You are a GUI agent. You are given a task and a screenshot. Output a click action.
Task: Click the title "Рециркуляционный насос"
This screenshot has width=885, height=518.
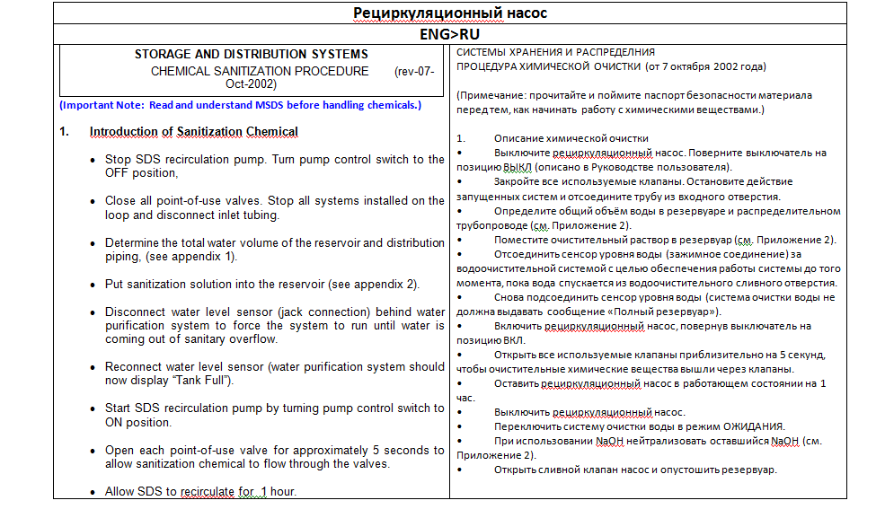point(450,13)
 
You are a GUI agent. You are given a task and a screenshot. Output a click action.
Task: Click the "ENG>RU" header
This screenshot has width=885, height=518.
point(450,34)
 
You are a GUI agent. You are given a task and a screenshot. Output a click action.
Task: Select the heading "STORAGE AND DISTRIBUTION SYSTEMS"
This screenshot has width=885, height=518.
point(251,55)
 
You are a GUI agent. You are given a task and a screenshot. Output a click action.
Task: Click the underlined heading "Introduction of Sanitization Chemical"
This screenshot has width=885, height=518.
point(193,132)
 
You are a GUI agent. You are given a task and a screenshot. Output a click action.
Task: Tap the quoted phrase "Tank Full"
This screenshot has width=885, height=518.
point(199,381)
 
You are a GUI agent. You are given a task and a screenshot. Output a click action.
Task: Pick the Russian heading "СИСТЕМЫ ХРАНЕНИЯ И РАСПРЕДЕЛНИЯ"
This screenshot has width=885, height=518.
point(555,52)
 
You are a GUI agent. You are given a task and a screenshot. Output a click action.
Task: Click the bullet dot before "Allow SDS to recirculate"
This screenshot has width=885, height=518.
point(94,492)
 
